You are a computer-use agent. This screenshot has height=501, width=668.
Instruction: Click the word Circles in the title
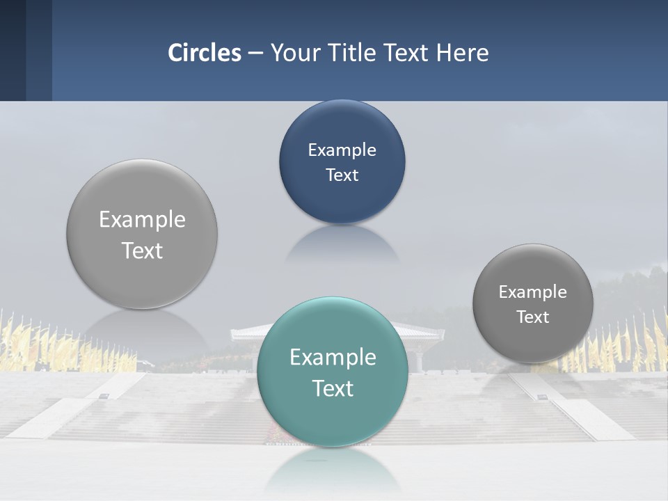205,53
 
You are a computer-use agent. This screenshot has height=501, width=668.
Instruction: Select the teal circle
332,417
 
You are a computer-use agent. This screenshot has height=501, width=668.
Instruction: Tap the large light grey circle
142,278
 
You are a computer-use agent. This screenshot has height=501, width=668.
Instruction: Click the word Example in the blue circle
342,150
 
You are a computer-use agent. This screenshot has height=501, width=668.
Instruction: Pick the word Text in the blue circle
342,175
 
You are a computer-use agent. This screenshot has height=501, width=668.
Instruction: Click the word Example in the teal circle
333,358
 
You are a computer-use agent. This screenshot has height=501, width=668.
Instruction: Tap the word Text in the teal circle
333,388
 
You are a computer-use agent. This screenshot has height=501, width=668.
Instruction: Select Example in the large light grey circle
142,220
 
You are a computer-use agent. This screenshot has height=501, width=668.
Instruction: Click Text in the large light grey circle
142,250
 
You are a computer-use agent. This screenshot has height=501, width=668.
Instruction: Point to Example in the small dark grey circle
532,292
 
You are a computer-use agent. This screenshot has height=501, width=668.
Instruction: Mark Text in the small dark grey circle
533,317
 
